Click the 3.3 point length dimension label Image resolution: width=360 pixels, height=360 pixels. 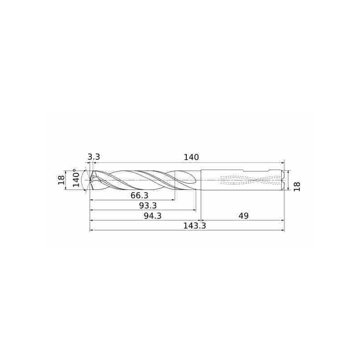94,157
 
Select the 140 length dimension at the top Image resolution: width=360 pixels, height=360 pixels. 191,157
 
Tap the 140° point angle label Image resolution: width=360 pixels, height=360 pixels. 76,177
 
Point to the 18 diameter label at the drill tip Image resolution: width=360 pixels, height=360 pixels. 61,180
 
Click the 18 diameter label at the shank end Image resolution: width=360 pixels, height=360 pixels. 297,186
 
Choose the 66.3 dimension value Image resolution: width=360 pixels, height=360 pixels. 139,196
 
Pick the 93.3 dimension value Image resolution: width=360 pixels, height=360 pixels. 148,206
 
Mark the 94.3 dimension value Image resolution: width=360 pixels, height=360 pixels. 153,216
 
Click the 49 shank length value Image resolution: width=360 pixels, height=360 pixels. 243,216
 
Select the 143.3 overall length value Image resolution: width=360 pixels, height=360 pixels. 194,226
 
